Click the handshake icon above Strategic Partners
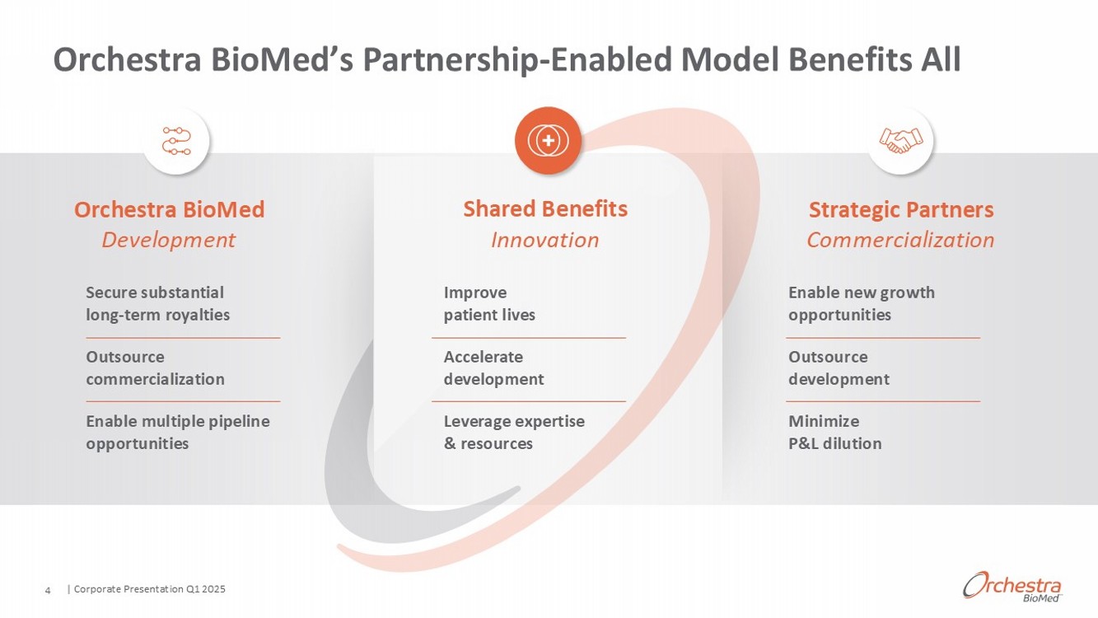(901, 141)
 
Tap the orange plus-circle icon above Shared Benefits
(548, 141)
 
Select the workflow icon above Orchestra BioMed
(176, 141)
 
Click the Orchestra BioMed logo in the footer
(1012, 586)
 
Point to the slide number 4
(48, 590)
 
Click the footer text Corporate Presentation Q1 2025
(149, 589)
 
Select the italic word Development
(168, 240)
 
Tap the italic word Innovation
(544, 240)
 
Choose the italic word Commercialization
(900, 240)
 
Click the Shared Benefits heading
(545, 209)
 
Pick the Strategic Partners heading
(901, 209)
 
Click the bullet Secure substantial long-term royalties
(157, 303)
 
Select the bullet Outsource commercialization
(155, 368)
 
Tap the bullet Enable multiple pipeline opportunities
(177, 432)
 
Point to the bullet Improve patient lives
(489, 303)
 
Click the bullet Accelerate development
(493, 368)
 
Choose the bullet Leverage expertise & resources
(514, 432)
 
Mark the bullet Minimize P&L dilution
(834, 432)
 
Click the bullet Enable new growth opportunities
(861, 303)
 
